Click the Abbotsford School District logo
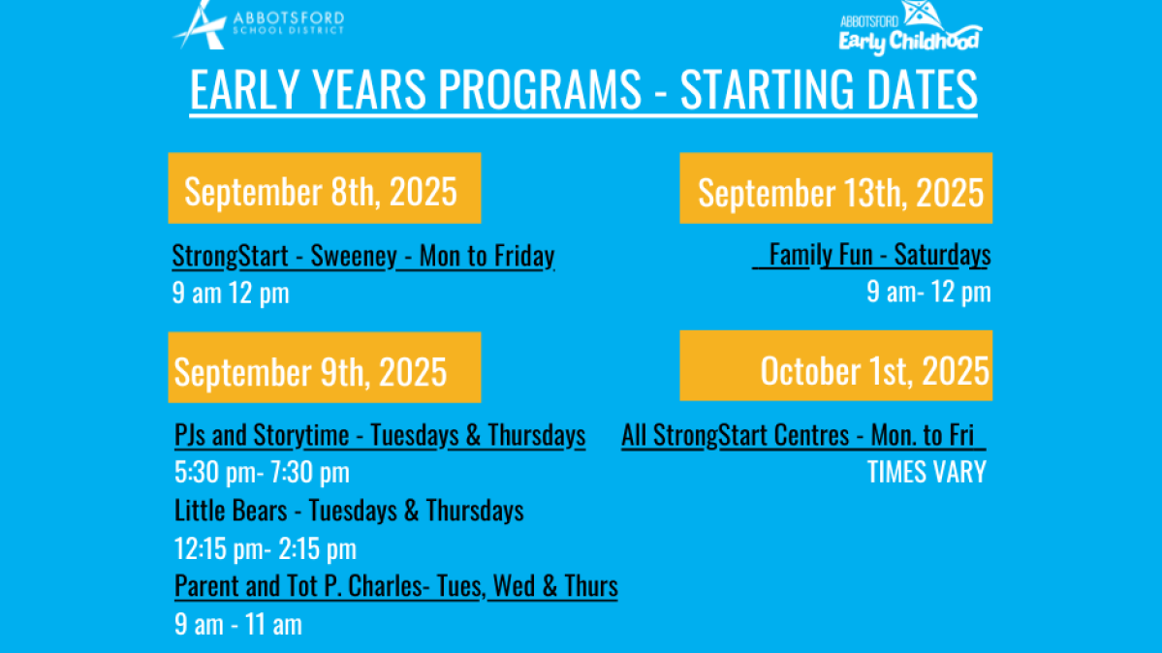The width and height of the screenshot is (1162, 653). click(x=259, y=24)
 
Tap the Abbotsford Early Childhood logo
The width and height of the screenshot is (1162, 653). click(x=910, y=27)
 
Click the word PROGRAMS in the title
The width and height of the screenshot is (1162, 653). click(x=540, y=89)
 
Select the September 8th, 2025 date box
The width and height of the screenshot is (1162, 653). click(x=325, y=188)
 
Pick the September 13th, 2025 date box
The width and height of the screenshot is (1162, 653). click(x=836, y=188)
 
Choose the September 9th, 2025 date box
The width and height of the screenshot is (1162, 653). click(x=325, y=367)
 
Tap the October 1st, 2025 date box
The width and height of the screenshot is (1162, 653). click(x=836, y=366)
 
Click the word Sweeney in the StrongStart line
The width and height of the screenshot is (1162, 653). click(x=354, y=256)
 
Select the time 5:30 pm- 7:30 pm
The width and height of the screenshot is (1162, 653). click(x=262, y=472)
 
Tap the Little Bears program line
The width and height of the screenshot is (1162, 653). click(x=349, y=511)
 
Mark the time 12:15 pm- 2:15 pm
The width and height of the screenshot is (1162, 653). click(x=266, y=549)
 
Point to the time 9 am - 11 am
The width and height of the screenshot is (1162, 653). click(x=237, y=625)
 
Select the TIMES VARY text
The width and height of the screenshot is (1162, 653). click(x=926, y=472)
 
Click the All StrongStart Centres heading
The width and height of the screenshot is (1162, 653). click(x=803, y=435)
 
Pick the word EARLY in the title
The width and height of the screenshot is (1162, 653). click(x=245, y=89)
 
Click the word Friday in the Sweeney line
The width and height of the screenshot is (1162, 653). click(x=524, y=256)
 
